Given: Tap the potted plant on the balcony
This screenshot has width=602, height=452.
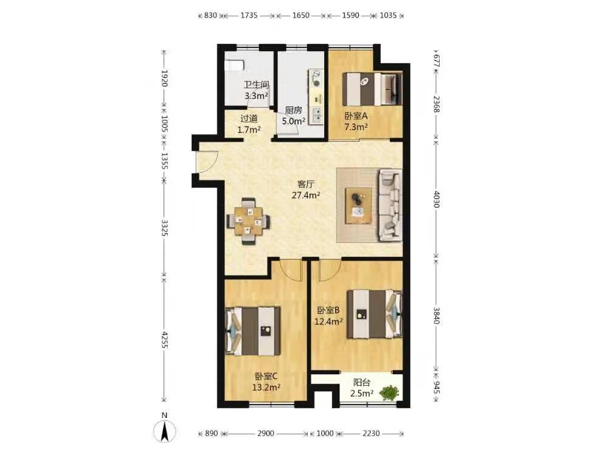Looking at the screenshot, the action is (x=389, y=393).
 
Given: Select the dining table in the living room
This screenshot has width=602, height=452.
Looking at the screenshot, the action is (x=249, y=221).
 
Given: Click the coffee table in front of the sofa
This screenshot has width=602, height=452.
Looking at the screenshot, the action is (x=358, y=205).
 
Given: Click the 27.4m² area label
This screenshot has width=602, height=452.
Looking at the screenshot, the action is (x=306, y=195).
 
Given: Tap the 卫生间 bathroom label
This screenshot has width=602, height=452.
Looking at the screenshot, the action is (x=256, y=85).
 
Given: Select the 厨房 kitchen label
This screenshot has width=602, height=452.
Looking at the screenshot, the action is (x=293, y=111).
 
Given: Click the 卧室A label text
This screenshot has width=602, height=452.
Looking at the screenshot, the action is (x=356, y=115).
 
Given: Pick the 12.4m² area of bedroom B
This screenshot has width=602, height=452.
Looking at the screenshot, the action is (x=328, y=321).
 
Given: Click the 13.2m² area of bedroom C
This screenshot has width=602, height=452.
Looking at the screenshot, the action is (x=266, y=387).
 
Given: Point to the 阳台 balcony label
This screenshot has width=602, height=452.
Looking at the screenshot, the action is (x=362, y=383).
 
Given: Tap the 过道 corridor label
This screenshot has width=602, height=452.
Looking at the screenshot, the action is (x=249, y=119).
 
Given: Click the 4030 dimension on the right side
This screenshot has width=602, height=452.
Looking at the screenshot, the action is (x=436, y=198).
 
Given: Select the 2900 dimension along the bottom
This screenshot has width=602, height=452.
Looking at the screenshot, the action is (x=266, y=434).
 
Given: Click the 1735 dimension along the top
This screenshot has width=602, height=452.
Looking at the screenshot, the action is (x=249, y=16).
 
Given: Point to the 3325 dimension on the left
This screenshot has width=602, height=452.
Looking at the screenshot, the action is (x=164, y=228).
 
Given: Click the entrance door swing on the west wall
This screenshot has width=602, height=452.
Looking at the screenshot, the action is (x=207, y=161).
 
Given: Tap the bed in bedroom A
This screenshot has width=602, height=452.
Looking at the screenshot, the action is (x=372, y=89).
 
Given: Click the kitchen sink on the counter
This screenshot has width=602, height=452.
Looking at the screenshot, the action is (x=317, y=114).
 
